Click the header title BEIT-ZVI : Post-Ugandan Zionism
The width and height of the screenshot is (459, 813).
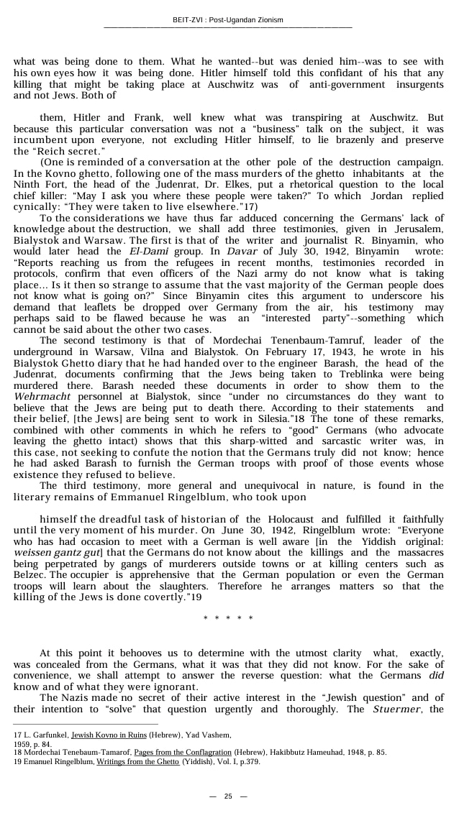(x=228, y=19)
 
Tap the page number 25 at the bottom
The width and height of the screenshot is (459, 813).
(x=228, y=796)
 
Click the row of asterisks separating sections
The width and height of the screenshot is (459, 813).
(x=228, y=617)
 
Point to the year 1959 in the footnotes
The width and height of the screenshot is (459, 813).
(x=23, y=743)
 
